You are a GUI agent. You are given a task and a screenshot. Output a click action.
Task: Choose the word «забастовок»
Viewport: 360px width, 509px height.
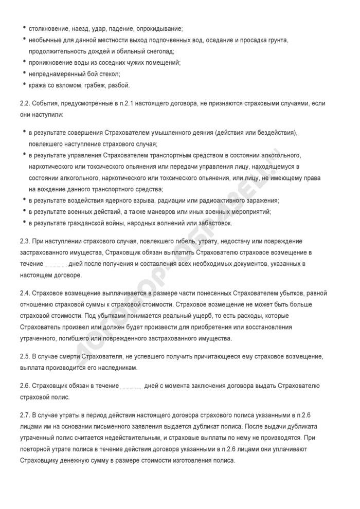pyautogui.click(x=213, y=223)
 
